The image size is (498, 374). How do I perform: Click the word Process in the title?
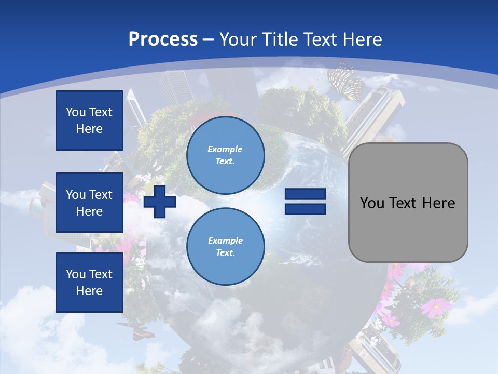(163, 39)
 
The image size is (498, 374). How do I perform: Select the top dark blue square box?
(89, 121)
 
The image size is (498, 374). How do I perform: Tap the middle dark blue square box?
(89, 203)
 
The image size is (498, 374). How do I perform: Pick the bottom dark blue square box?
(89, 282)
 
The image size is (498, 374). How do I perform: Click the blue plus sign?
(160, 202)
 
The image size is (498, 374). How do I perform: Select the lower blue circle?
(225, 247)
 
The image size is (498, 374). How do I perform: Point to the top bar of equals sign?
(305, 194)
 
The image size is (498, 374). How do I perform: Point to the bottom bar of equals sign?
(305, 209)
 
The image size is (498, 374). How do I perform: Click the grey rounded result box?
(408, 203)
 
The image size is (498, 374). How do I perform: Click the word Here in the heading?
(361, 39)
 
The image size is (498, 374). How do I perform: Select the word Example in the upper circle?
(225, 149)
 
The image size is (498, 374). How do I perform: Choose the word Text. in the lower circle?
(225, 253)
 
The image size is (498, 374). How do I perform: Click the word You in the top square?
(76, 112)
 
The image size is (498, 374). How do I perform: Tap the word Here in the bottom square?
(89, 291)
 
